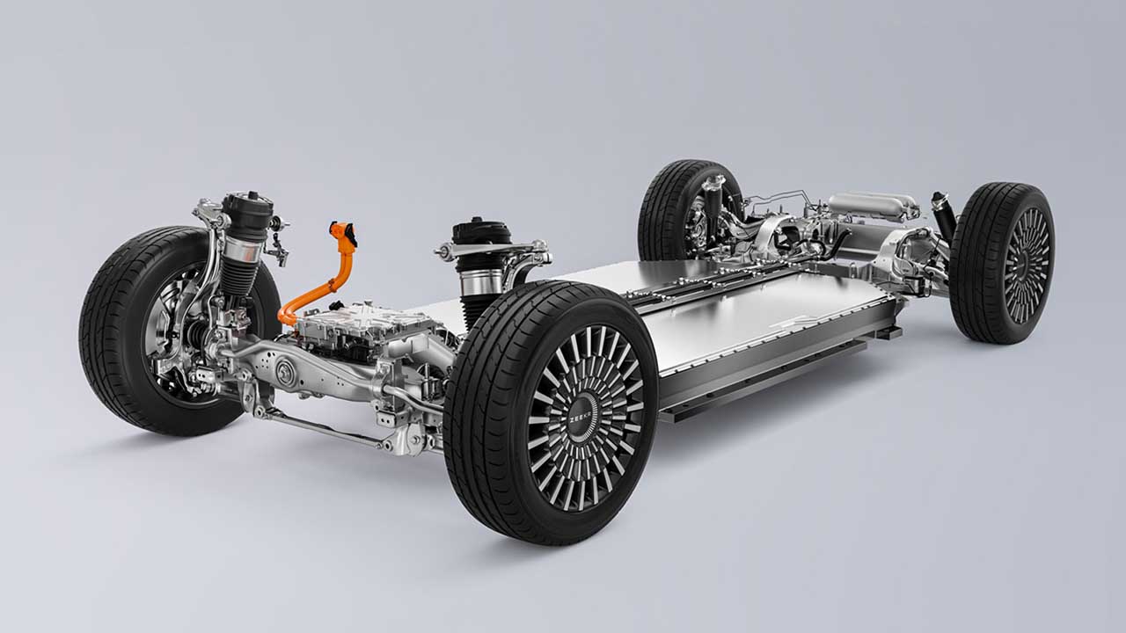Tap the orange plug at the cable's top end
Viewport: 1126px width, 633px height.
(344, 233)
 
